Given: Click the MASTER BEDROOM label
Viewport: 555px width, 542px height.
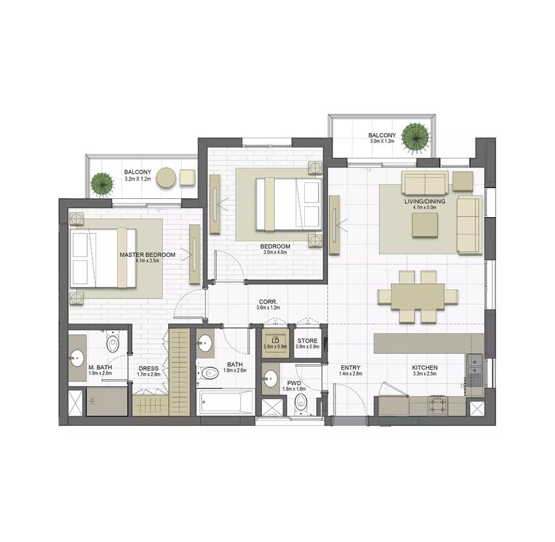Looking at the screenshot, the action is click(x=147, y=254).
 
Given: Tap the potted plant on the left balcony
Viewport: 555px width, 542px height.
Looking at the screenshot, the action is click(x=102, y=185).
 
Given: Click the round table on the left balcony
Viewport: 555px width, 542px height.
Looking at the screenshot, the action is click(x=166, y=177).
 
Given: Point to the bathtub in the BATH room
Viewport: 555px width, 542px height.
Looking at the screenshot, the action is click(x=225, y=402).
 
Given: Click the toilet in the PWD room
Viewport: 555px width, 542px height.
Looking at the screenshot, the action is click(x=301, y=404).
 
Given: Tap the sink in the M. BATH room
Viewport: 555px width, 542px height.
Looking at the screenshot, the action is click(x=77, y=357).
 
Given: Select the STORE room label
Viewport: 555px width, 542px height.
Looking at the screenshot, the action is click(x=307, y=341).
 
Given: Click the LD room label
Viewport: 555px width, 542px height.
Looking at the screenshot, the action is click(x=275, y=341).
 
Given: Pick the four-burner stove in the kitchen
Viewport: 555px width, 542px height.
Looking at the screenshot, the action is click(x=438, y=406).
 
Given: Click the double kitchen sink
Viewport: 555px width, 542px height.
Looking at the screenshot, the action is click(x=474, y=365).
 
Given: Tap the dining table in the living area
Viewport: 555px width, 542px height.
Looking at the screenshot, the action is click(x=418, y=296).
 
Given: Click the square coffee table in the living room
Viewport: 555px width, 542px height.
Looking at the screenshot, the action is click(x=425, y=224).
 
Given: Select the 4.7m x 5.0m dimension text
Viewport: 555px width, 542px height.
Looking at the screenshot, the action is click(x=425, y=207).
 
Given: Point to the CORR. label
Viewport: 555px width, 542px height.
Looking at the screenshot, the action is click(x=268, y=302).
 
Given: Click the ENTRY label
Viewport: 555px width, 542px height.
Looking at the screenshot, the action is click(x=350, y=368).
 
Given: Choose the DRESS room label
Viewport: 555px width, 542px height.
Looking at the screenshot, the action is click(x=149, y=369).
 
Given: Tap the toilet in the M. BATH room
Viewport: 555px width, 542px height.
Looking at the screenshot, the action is click(x=113, y=342).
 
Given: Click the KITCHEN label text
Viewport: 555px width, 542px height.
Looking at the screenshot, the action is click(x=425, y=368).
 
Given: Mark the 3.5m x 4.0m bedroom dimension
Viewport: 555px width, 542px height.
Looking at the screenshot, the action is click(x=275, y=252).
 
